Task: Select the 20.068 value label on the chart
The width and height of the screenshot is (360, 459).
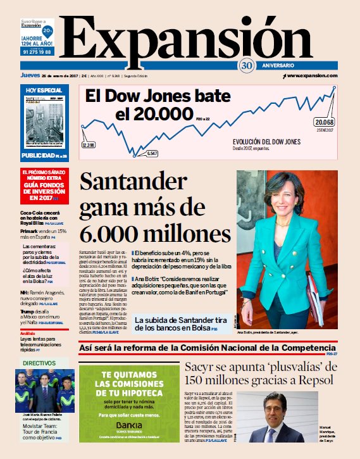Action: (325, 122)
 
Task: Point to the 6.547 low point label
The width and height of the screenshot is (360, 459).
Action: (152, 153)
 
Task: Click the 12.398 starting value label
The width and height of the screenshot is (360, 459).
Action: (88, 145)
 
